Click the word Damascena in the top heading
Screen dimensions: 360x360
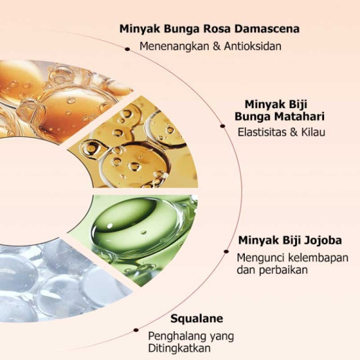tap(267, 29)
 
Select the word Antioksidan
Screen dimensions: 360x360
tap(253, 46)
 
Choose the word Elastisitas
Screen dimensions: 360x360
tap(261, 132)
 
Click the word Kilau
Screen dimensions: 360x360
tap(313, 132)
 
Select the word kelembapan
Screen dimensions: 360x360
tap(318, 258)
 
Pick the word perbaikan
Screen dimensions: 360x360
tap(283, 270)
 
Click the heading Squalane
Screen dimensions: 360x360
tap(197, 319)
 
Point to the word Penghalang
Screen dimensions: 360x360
tap(177, 336)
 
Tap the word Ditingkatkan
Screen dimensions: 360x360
tap(179, 348)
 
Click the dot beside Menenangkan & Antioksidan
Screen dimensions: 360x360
tap(128, 49)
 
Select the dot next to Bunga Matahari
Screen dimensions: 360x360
tap(223, 126)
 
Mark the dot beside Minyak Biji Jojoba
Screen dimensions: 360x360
tap(226, 251)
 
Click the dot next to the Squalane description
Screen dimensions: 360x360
tap(136, 330)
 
